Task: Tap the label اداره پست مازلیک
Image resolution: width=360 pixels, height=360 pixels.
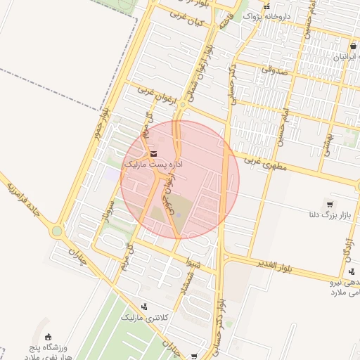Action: pos(153,164)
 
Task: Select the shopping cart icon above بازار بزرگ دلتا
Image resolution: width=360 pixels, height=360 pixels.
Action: pos(328,203)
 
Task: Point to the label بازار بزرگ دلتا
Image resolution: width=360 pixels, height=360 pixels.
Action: pos(326,214)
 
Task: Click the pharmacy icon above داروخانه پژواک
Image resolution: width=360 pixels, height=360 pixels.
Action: pos(266,6)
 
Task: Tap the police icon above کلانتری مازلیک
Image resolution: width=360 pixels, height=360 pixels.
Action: pos(144,307)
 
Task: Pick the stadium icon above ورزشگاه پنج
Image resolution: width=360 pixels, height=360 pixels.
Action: pos(48,338)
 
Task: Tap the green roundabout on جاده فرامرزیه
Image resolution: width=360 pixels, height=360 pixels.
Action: pos(56,231)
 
